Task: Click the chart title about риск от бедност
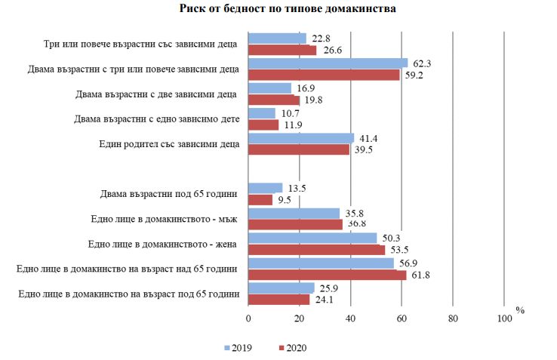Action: [x=288, y=10]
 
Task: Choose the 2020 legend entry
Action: [x=293, y=348]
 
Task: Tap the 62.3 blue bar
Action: [x=328, y=63]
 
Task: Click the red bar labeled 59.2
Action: [x=324, y=75]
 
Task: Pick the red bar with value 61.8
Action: [x=327, y=275]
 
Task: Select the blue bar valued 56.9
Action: [x=321, y=263]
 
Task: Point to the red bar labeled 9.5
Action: [x=260, y=200]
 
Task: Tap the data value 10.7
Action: [x=289, y=113]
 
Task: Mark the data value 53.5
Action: [x=398, y=251]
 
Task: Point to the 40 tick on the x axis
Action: [x=350, y=318]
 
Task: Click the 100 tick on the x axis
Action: [x=503, y=318]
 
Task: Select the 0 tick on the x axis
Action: [x=248, y=318]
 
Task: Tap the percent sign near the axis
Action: [x=520, y=310]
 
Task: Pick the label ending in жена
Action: [x=163, y=245]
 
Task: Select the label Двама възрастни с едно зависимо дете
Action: [x=156, y=119]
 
